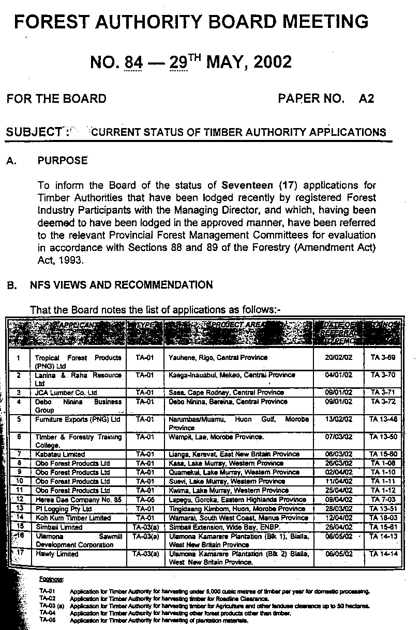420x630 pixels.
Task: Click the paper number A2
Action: click(366, 99)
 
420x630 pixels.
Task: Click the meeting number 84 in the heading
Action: click(133, 62)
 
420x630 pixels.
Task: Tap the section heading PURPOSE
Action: click(63, 161)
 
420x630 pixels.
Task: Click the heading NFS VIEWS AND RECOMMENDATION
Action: click(125, 285)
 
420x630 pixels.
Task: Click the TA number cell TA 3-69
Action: click(383, 357)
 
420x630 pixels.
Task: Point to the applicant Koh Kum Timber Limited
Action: click(73, 518)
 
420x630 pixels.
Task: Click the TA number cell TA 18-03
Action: click(383, 518)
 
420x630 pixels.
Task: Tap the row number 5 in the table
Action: click(19, 419)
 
